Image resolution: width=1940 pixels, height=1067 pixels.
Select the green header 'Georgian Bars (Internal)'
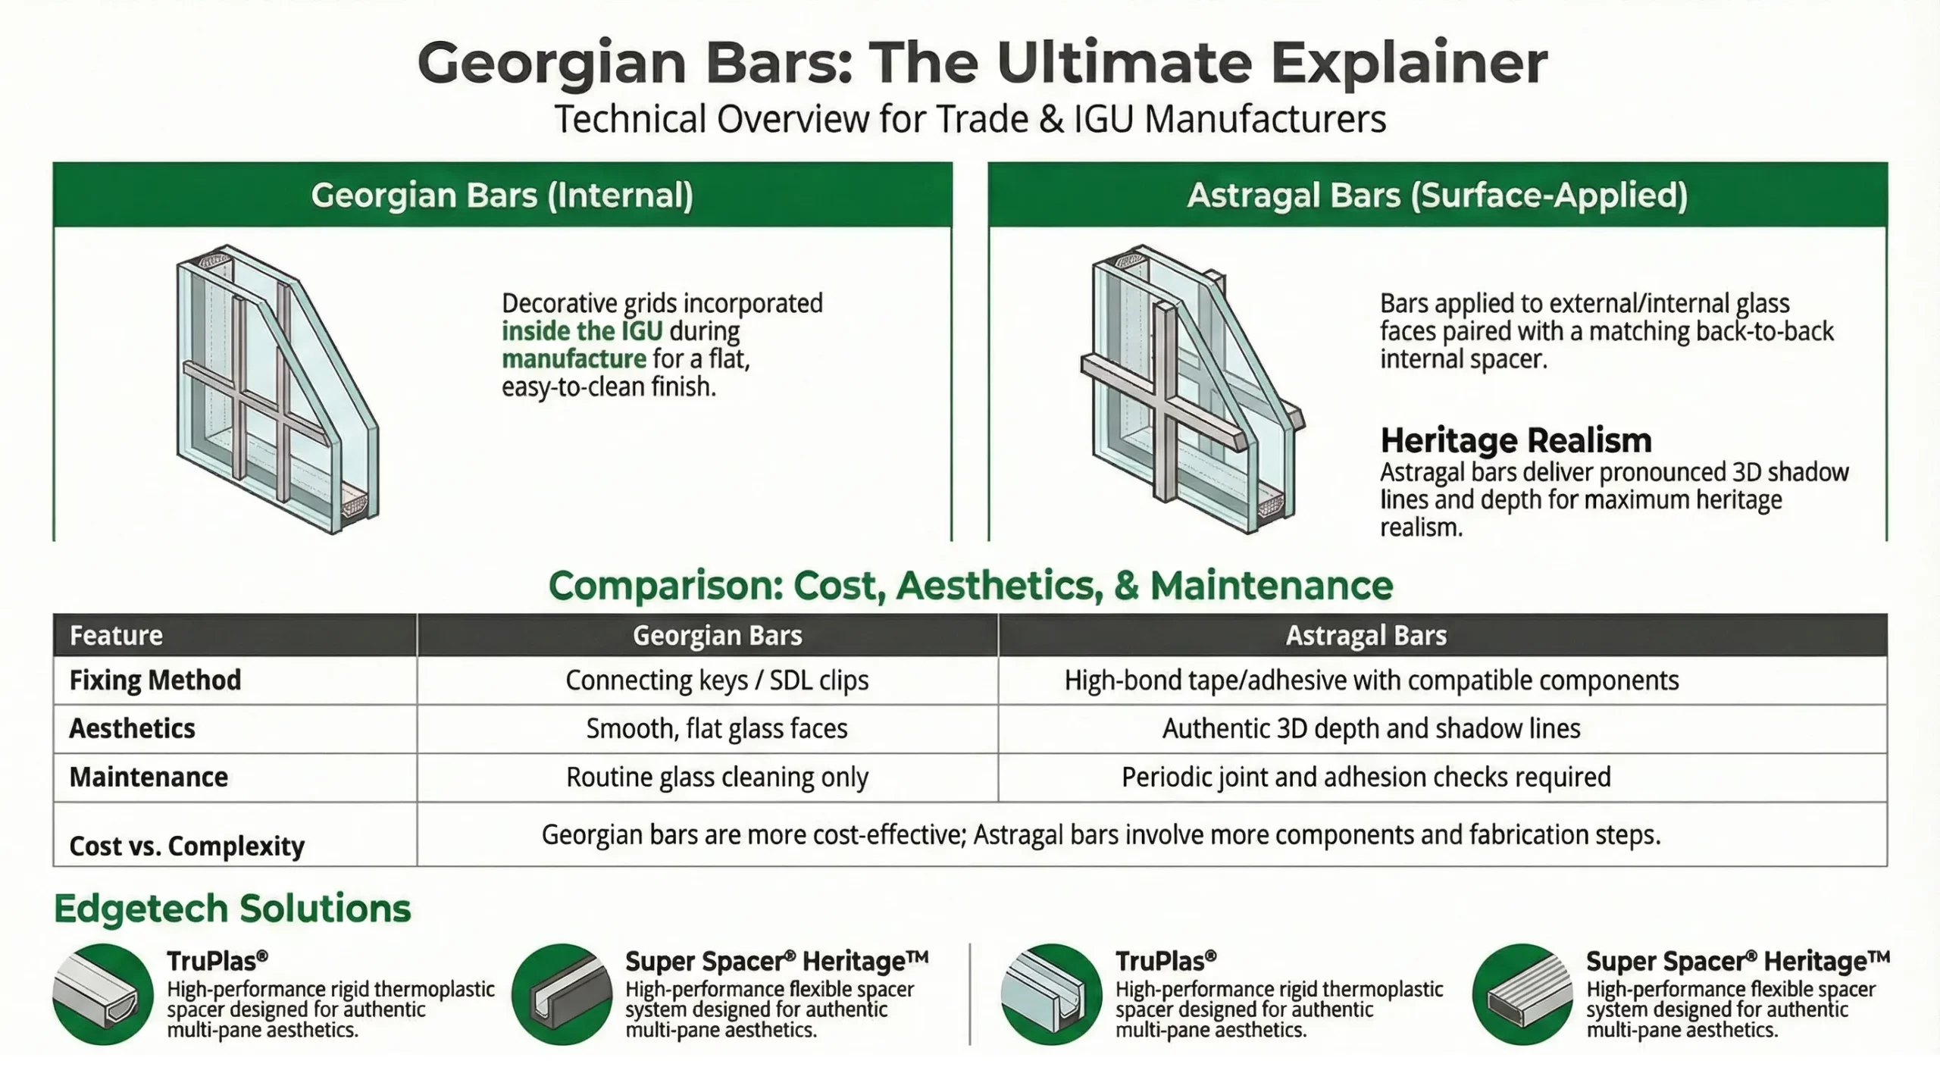pyautogui.click(x=502, y=196)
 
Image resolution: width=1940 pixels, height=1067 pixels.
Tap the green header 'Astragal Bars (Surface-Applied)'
pyautogui.click(x=1437, y=196)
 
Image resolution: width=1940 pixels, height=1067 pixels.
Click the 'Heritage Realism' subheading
pyautogui.click(x=1516, y=440)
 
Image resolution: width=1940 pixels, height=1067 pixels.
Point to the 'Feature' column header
pyautogui.click(x=116, y=635)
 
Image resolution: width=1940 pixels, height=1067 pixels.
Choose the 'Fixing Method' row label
pyautogui.click(x=155, y=680)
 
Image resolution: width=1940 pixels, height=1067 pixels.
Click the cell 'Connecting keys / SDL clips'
pyautogui.click(x=717, y=680)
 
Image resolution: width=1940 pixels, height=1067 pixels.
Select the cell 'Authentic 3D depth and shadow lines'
pyautogui.click(x=1371, y=728)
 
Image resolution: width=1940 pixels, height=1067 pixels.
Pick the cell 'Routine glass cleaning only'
pyautogui.click(x=717, y=777)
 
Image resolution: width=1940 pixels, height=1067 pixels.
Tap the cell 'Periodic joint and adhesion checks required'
pyautogui.click(x=1366, y=777)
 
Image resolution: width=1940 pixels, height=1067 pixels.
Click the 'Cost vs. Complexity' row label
pyautogui.click(x=186, y=846)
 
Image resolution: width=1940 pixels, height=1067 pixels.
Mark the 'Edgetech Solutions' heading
pyautogui.click(x=232, y=908)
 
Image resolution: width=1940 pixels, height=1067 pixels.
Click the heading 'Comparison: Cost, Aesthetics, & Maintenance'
pyautogui.click(x=970, y=586)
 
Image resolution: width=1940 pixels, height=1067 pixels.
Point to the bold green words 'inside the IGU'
pyautogui.click(x=582, y=331)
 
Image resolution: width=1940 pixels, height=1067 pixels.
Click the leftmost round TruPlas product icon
pyautogui.click(x=103, y=994)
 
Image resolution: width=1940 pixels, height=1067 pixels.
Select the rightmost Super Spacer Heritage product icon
pyautogui.click(x=1522, y=994)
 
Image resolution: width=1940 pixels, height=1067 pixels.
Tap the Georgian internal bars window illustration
pyautogui.click(x=277, y=389)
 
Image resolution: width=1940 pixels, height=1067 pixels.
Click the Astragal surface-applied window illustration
pyautogui.click(x=1190, y=389)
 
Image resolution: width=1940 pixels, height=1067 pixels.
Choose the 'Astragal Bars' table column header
pyautogui.click(x=1366, y=635)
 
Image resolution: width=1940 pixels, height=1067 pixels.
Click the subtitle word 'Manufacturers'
pyautogui.click(x=1265, y=120)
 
